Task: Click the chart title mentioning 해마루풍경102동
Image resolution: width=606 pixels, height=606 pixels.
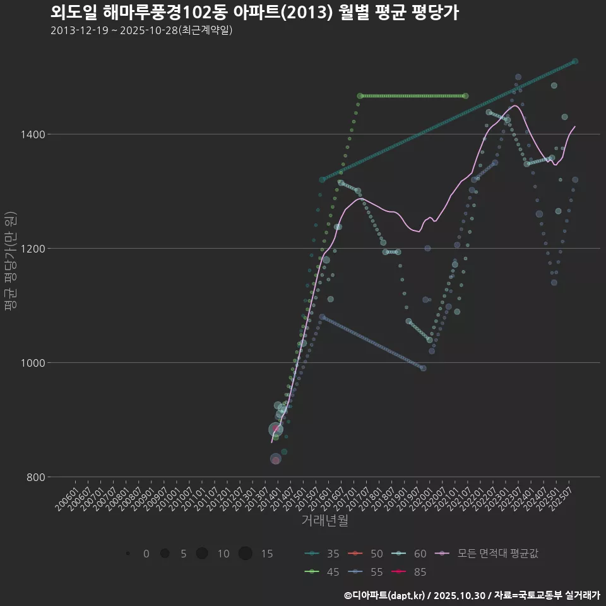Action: (254, 13)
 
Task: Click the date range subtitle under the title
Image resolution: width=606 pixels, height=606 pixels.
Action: (141, 30)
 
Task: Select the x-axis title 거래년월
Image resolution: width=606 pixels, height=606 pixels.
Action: (324, 520)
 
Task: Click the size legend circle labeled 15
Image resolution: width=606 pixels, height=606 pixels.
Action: (246, 554)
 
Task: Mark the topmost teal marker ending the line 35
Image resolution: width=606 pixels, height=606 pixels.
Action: (575, 61)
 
